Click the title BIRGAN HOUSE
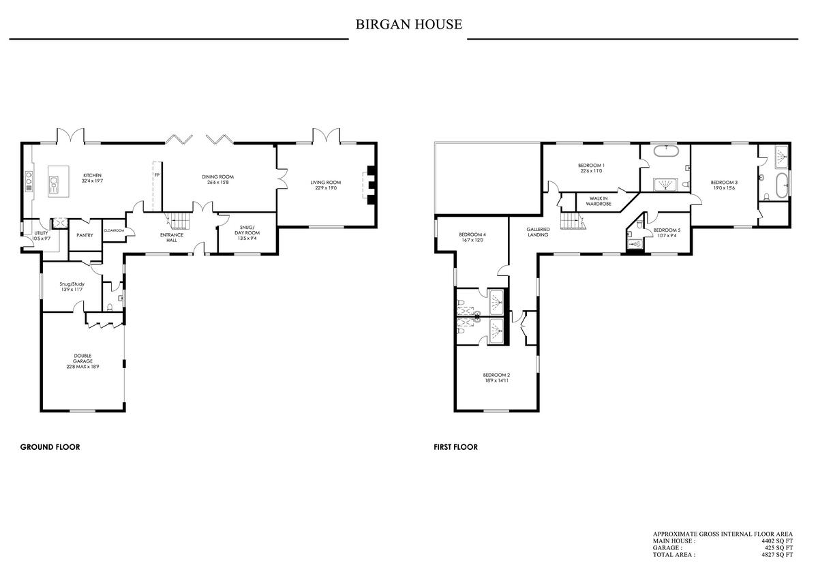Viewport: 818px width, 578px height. pos(408,25)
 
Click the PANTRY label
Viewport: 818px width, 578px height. pos(85,235)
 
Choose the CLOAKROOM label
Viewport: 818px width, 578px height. pos(113,230)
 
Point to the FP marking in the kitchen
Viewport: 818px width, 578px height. pos(157,176)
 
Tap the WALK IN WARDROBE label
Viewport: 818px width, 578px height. pos(598,201)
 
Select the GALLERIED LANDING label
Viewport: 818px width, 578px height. pos(538,232)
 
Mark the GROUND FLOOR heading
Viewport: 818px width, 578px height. pos(50,447)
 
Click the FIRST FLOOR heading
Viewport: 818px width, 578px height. pos(455,447)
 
